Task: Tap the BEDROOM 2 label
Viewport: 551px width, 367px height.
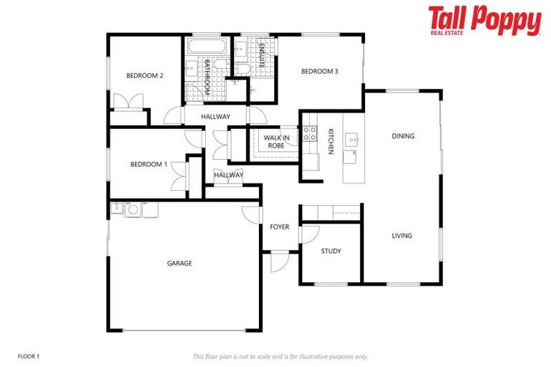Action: (x=146, y=76)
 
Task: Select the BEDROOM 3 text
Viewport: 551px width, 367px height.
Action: (x=319, y=71)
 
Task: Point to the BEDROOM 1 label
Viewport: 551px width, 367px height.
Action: (x=149, y=164)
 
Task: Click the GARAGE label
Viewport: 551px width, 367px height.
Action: (x=179, y=263)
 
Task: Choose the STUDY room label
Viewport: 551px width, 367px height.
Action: (x=331, y=251)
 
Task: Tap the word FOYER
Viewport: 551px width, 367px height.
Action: (x=279, y=227)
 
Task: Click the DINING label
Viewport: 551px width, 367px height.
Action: (x=402, y=136)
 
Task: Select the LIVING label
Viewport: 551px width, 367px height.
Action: (x=402, y=236)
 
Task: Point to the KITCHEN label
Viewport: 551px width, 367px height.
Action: (x=331, y=141)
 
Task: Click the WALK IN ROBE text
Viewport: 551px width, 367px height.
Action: (x=276, y=141)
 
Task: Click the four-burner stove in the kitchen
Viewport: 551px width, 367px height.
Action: (x=310, y=133)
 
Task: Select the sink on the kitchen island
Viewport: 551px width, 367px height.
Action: (x=352, y=139)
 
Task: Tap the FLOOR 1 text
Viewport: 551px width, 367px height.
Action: (x=29, y=356)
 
